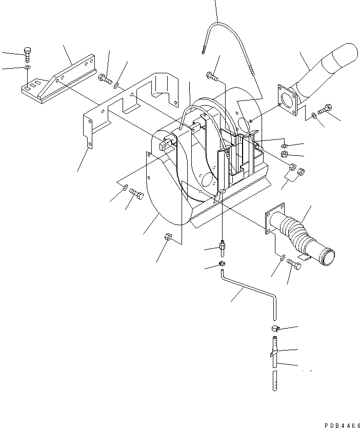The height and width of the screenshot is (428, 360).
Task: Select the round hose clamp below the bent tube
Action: (274, 329)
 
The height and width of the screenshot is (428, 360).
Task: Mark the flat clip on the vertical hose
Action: (272, 354)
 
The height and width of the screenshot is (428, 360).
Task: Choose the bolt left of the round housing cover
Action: (136, 194)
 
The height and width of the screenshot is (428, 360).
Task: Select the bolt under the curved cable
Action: (212, 76)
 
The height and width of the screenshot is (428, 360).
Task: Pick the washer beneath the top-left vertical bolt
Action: (27, 68)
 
